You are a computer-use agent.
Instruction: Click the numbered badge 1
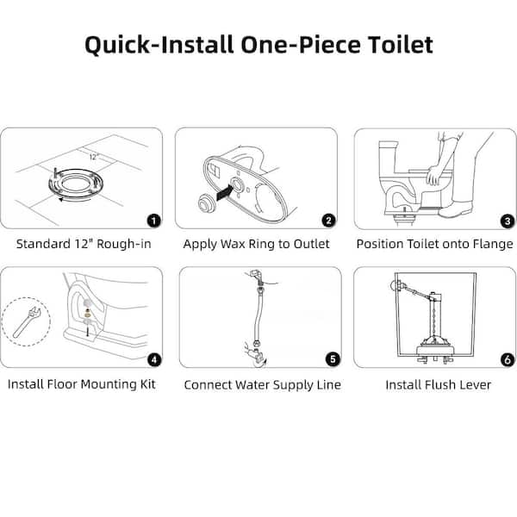pyautogui.click(x=153, y=221)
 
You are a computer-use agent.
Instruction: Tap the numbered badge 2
pyautogui.click(x=328, y=221)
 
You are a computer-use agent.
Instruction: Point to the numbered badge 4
pyautogui.click(x=153, y=358)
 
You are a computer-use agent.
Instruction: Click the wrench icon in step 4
pyautogui.click(x=27, y=321)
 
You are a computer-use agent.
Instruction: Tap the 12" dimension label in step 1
pyautogui.click(x=93, y=158)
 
